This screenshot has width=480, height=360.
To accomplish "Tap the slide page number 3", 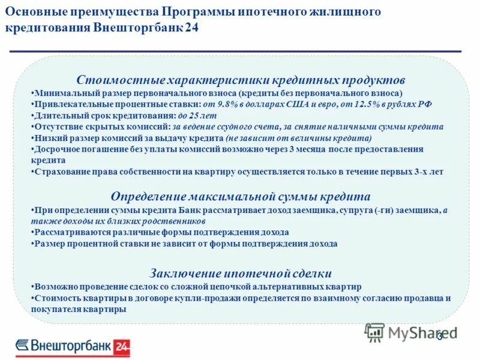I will point(440,336).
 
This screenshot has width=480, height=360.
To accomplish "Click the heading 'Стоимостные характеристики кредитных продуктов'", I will point(241,80).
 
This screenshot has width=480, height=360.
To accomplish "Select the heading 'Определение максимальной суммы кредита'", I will point(241,197).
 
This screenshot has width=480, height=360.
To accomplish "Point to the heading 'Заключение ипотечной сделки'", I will point(241,273).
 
